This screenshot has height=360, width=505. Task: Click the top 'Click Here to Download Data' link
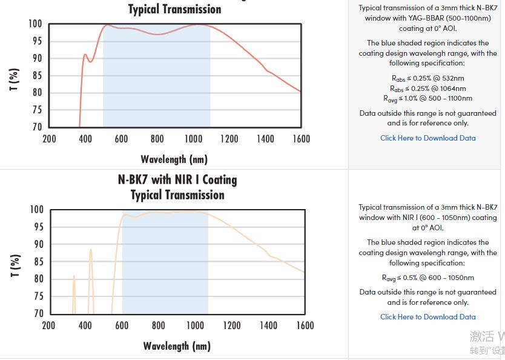click(427, 138)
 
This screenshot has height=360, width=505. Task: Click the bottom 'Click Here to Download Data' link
click(427, 317)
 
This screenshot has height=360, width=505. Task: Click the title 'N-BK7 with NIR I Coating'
click(177, 180)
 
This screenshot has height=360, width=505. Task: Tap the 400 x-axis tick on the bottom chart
click(85, 325)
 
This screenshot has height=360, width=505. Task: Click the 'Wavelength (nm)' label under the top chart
click(174, 159)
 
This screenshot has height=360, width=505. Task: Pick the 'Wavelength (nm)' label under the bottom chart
click(177, 346)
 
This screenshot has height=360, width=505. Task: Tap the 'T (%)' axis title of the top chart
click(15, 79)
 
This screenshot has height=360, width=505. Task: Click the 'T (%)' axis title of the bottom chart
click(15, 266)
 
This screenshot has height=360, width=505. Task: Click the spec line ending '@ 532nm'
click(427, 78)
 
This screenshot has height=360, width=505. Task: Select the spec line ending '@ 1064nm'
click(427, 88)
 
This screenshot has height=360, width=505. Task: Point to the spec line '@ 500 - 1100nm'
click(427, 98)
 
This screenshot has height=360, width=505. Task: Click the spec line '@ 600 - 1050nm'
click(427, 278)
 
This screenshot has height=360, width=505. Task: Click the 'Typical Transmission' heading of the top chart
click(174, 9)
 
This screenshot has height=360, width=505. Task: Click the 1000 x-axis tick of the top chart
click(193, 139)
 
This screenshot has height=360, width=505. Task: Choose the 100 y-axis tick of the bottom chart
click(36, 210)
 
